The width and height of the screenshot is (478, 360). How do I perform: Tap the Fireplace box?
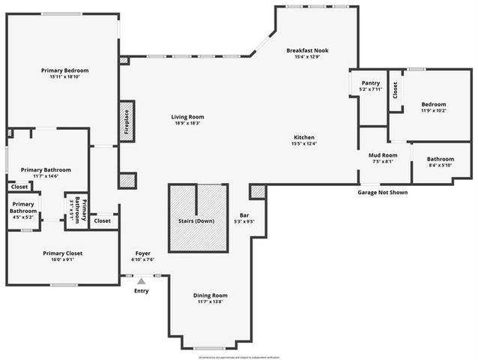coord(127,121)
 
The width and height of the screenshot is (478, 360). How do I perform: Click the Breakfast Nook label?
coord(307,50)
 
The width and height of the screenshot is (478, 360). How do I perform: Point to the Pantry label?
coord(370,83)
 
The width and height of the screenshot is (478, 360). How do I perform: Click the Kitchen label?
coord(304,137)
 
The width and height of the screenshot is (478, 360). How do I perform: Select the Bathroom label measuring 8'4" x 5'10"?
coord(441,159)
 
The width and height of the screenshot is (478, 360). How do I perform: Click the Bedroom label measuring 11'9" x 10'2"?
coord(433,104)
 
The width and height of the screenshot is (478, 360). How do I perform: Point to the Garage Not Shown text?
coord(382,192)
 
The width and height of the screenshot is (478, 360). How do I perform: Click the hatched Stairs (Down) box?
coord(198,218)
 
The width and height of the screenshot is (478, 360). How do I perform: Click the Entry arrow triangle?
coord(141,281)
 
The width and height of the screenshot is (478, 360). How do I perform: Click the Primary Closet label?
coord(62,253)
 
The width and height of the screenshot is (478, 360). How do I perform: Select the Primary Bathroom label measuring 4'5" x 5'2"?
coord(23,208)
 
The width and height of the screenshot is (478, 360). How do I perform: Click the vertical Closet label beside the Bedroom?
coord(395,89)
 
